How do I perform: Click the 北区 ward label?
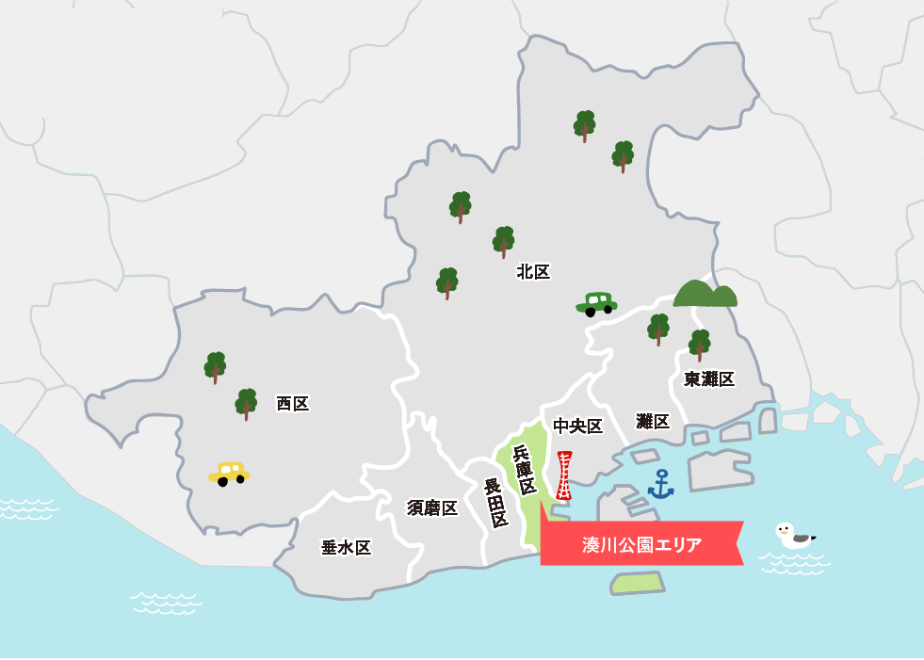533,272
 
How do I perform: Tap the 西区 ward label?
293,404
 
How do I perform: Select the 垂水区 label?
346,548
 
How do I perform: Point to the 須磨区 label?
432,508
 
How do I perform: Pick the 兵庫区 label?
525,470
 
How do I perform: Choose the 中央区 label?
577,427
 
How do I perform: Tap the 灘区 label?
653,421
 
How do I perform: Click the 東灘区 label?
709,379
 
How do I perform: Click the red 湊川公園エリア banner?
641,544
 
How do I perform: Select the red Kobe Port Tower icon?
564,475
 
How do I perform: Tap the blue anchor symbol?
661,484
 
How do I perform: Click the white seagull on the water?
794,536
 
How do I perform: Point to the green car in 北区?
596,303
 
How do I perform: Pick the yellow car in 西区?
229,473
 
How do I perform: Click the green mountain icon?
705,295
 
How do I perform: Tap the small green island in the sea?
637,583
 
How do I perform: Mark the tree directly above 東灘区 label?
700,345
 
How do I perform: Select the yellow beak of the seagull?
778,531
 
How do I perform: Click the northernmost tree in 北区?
584,125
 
